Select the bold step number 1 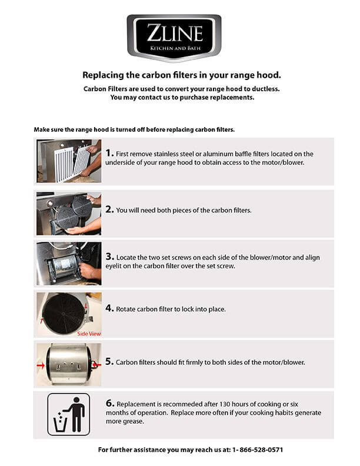point(109,153)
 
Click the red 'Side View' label point(89,333)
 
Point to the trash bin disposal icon point(69,414)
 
